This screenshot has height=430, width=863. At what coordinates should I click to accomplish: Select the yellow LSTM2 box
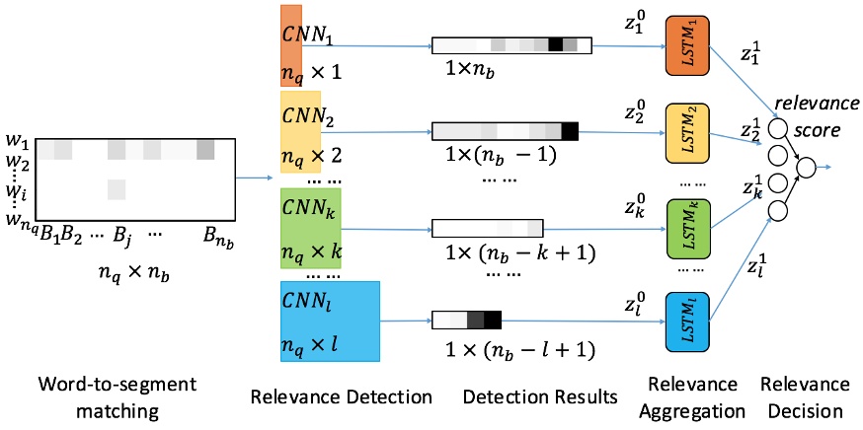[x=689, y=131]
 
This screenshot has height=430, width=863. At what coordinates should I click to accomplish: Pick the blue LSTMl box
[x=689, y=321]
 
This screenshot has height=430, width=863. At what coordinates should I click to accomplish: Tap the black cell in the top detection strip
[x=555, y=44]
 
